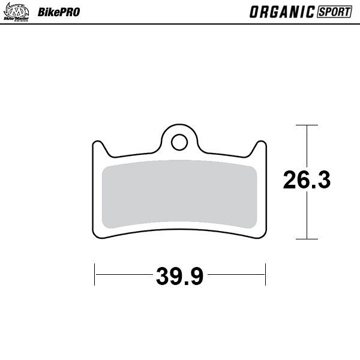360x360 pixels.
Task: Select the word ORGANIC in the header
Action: coord(281,11)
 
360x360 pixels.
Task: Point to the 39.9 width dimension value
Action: coord(180,276)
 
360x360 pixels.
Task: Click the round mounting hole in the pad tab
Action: coord(179,142)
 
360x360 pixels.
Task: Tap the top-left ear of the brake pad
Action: coord(98,146)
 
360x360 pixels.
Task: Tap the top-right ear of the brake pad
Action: coord(260,146)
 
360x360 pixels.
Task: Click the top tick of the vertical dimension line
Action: coord(307,125)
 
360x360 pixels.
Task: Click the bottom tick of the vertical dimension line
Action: coord(307,239)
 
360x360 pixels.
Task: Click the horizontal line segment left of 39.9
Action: coord(123,275)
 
